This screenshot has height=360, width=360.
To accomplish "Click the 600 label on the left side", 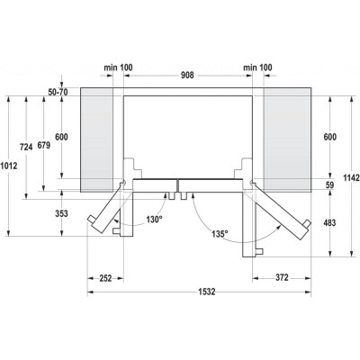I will pyautogui.click(x=61, y=136).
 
